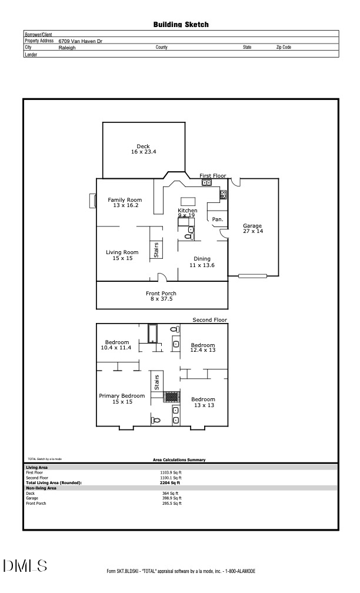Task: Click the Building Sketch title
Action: point(181,25)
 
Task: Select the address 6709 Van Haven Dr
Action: point(80,41)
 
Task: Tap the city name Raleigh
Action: point(67,48)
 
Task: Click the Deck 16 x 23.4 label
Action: point(144,149)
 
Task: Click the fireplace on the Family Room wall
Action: point(93,201)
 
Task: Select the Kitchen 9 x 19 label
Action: point(188,213)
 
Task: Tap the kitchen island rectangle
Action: point(188,201)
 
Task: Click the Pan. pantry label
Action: point(217,219)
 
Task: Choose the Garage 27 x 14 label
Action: point(253,229)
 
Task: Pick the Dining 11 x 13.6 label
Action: point(202,262)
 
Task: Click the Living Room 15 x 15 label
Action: point(122,255)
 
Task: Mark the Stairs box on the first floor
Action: point(156,250)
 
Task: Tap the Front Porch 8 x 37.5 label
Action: point(161,296)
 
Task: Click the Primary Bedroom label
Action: point(122,399)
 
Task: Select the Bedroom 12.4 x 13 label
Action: point(203,348)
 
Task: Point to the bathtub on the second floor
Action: point(153,334)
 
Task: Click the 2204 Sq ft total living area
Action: point(171,482)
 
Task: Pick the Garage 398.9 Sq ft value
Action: point(171,498)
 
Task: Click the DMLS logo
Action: point(25,566)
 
